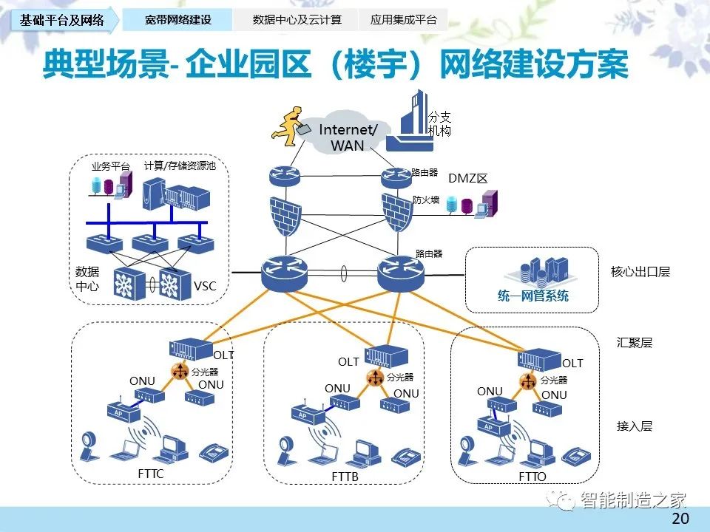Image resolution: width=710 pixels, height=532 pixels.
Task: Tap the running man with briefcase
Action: (288, 126)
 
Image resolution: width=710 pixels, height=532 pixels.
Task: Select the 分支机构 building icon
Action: (410, 121)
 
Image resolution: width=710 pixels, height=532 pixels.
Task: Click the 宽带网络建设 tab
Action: (178, 20)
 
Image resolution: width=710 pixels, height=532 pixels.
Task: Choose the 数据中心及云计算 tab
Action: (297, 20)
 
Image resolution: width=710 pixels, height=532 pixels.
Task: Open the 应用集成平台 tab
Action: (403, 20)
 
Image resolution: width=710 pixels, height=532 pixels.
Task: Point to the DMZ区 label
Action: (467, 178)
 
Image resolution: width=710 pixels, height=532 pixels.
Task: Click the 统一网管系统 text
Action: (533, 296)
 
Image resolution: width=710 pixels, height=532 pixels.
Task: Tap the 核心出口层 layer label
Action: (640, 271)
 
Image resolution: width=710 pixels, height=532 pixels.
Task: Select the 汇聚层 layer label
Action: (635, 342)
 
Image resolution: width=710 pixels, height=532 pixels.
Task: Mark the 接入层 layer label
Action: (635, 426)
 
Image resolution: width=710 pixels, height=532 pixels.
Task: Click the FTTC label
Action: (151, 474)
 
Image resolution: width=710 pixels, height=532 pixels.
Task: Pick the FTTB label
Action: (345, 477)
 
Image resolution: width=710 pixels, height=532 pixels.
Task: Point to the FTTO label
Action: (532, 477)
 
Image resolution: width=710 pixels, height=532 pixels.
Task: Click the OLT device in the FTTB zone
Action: (386, 356)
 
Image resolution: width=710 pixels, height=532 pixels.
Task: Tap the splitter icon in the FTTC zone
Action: (180, 372)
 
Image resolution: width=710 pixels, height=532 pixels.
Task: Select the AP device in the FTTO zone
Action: (493, 426)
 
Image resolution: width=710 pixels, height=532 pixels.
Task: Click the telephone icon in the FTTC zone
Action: (214, 452)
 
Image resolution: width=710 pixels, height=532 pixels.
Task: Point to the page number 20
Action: (680, 519)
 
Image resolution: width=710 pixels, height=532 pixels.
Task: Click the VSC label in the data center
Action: (205, 286)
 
